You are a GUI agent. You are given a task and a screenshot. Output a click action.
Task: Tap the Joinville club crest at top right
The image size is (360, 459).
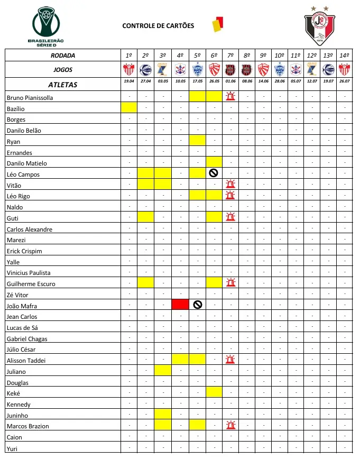[x=319, y=26]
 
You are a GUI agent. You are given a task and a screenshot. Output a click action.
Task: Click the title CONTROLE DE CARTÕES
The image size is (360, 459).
[x=158, y=26]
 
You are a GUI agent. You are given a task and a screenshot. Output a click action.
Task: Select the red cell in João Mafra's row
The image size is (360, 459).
[x=180, y=305]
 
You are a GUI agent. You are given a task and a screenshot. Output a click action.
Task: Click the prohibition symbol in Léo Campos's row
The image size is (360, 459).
[x=214, y=173]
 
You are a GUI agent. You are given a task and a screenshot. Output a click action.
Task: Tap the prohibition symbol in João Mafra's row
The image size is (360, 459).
[x=197, y=305]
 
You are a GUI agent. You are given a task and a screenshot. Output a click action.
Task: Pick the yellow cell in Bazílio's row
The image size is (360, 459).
[x=129, y=108]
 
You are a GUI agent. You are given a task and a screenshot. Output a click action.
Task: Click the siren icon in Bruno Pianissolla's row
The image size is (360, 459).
[x=230, y=96]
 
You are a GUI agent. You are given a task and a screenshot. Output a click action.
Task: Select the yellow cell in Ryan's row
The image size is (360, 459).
[x=197, y=141]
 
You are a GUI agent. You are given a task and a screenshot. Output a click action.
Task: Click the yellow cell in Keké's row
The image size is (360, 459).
[x=214, y=392]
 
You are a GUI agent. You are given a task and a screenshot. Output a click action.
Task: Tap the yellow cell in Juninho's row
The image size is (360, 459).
[x=163, y=414]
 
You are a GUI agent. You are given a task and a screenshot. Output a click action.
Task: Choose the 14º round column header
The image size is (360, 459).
[x=344, y=55]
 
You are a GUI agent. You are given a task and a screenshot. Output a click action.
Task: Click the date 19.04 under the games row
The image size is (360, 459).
[x=129, y=81]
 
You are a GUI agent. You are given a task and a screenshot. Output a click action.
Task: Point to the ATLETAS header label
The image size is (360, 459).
[x=62, y=85]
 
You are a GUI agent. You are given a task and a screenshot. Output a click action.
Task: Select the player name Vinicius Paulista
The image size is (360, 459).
[x=29, y=273]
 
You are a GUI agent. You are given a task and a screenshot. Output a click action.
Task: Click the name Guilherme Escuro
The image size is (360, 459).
[x=31, y=284]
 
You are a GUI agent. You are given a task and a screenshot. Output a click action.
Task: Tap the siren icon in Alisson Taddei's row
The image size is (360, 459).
[x=230, y=360]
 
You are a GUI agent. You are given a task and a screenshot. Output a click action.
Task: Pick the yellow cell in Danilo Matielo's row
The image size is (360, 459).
[x=214, y=162]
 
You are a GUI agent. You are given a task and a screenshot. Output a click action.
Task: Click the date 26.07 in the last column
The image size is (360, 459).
[x=344, y=81]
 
